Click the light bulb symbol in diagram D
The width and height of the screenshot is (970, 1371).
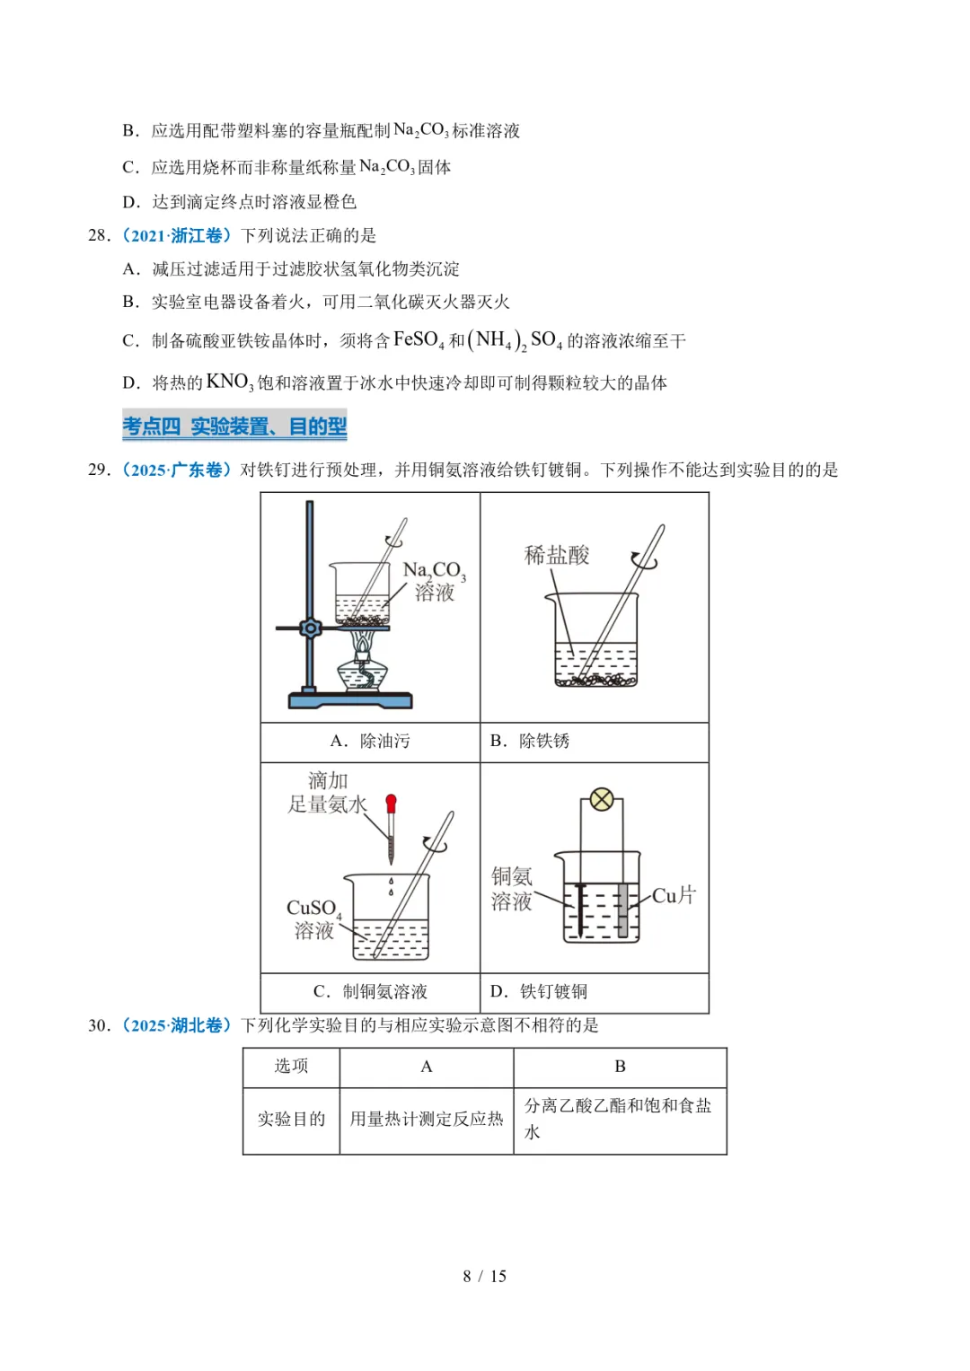point(602,799)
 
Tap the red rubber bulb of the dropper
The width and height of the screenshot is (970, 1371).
point(391,803)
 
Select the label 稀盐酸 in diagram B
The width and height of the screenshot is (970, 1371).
point(557,555)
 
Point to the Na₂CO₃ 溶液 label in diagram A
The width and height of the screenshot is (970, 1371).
point(435,581)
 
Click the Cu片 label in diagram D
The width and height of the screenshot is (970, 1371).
point(674,895)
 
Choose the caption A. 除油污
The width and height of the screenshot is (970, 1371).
point(370,741)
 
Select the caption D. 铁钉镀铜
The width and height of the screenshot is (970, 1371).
point(539,991)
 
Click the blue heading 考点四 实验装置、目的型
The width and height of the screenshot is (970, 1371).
point(234,426)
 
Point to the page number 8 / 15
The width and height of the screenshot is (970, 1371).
point(485,1276)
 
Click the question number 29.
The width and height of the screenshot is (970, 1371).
point(98,470)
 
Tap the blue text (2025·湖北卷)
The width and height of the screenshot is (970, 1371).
point(177,1025)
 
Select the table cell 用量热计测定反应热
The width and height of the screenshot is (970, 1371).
point(427,1119)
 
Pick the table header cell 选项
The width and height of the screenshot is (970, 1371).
point(291,1066)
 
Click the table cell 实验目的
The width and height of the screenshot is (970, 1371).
point(291,1119)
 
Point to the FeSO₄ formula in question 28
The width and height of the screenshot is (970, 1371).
point(419,340)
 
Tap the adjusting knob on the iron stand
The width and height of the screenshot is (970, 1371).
point(311,628)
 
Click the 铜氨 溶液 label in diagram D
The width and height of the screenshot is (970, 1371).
point(511,889)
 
